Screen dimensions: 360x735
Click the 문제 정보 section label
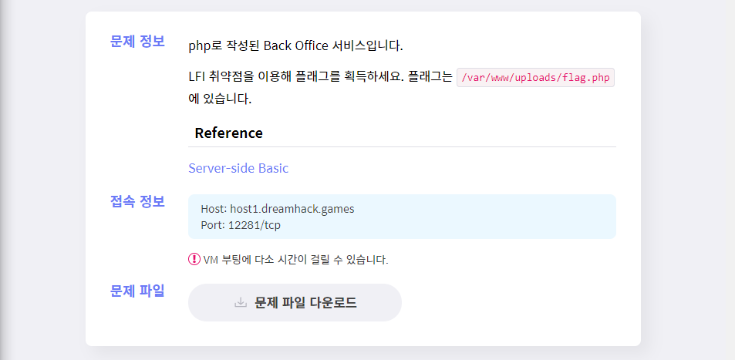tap(137, 42)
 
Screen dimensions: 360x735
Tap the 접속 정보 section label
tap(137, 202)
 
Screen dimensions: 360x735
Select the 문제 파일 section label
tap(137, 291)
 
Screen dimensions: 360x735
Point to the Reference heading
tap(228, 133)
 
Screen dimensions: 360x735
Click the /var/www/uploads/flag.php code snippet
tap(535, 77)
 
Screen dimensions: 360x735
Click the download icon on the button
tap(241, 303)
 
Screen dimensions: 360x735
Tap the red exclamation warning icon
tap(194, 259)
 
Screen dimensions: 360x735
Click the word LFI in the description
tap(199, 77)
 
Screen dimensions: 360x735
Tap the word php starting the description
tap(200, 45)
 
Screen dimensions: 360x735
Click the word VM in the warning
tap(211, 260)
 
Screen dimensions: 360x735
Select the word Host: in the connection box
tap(214, 209)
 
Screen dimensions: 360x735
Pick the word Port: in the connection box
tap(212, 225)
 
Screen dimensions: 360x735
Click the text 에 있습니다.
tap(220, 99)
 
